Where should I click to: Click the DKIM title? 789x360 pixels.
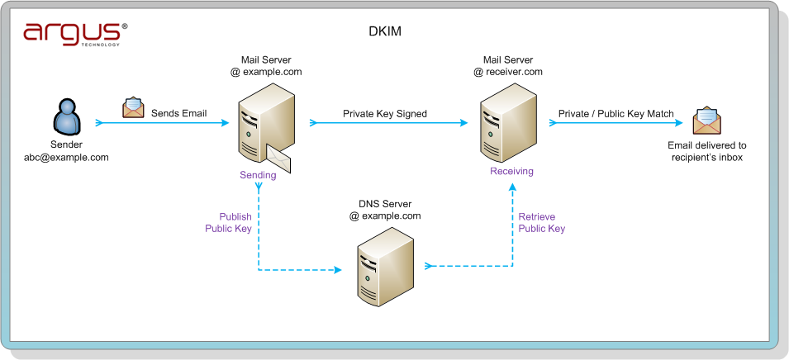386,31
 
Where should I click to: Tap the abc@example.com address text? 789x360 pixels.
66,158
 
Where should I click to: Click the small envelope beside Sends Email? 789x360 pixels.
133,107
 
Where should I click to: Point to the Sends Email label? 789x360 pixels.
179,113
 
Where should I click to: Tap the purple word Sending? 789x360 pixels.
258,175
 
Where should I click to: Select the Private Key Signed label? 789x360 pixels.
385,114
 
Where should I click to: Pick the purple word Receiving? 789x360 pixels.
511,171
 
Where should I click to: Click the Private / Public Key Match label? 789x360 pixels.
616,114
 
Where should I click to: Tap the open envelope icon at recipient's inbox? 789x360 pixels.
707,121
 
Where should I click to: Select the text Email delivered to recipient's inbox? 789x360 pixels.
707,151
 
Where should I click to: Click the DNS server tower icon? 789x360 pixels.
386,267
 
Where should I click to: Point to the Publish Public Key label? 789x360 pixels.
229,223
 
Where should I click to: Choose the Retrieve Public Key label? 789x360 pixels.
542,223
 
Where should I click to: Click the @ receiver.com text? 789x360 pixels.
508,71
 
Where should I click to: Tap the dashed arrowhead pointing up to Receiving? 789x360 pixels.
513,187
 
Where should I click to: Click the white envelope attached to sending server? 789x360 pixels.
278,159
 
